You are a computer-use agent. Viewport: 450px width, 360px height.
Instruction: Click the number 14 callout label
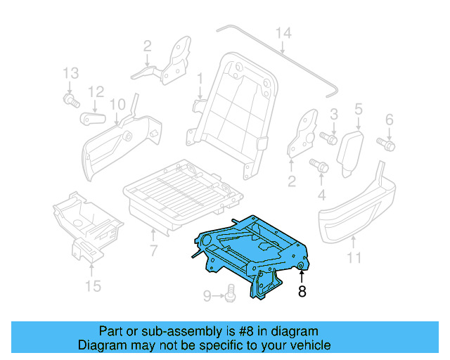pos(282,32)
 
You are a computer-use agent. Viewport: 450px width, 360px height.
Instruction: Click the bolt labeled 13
pos(70,101)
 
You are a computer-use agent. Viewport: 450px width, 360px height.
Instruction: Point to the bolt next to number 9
pos(229,296)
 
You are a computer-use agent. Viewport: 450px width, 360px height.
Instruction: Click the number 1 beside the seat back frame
pos(199,77)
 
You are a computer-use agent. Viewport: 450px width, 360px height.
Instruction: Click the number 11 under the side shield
pos(354,257)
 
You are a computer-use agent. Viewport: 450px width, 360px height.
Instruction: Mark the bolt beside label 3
pos(328,138)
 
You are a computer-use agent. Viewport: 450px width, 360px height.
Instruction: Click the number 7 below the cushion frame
pos(153,251)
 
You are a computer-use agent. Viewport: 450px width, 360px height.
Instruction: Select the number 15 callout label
pos(93,285)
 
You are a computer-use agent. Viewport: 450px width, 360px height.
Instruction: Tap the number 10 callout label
pos(117,104)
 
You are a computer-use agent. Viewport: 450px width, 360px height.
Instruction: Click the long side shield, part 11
pos(359,211)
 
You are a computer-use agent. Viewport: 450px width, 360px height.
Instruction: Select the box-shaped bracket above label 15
pos(88,218)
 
